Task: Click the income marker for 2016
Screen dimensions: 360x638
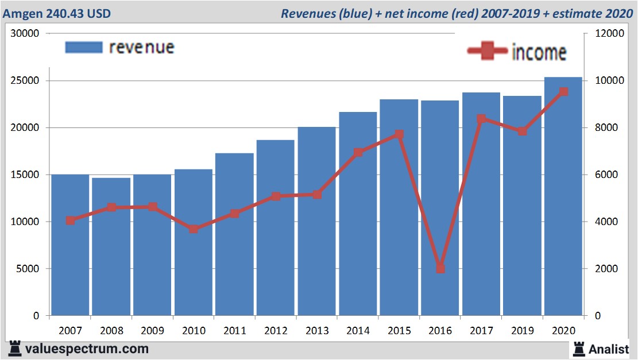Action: [440, 268]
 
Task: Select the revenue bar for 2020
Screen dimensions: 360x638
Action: [563, 195]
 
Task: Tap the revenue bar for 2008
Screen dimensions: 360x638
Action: [111, 247]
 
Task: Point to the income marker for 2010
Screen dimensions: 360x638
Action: [194, 229]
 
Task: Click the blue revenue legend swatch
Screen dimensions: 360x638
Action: [83, 47]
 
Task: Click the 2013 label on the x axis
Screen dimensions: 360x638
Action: [317, 331]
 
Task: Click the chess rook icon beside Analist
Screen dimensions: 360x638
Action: [578, 348]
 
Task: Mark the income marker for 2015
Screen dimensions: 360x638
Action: [399, 134]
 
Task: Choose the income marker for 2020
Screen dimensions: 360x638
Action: [563, 91]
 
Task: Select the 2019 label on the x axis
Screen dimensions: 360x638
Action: [522, 331]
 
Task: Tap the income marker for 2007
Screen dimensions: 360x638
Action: [70, 220]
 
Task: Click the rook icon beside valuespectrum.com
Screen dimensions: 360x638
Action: [16, 348]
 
